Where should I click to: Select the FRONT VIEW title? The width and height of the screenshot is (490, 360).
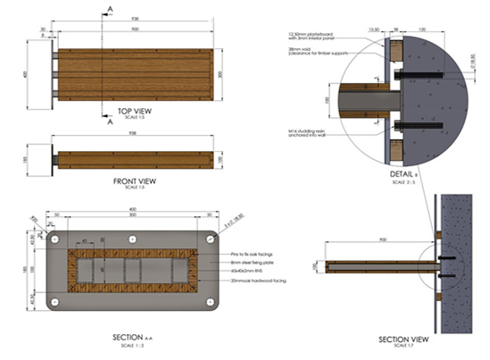[135, 180]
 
